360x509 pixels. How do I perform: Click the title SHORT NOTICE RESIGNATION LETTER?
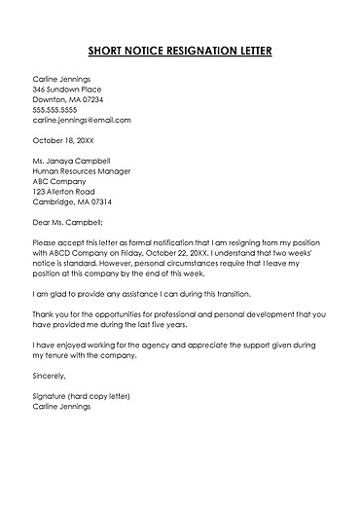click(x=180, y=50)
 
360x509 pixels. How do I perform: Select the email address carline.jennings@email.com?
click(x=81, y=120)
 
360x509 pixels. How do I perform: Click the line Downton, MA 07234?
click(x=68, y=99)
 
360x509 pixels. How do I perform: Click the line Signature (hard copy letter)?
click(x=81, y=396)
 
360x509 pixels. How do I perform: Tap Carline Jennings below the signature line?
click(x=61, y=407)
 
